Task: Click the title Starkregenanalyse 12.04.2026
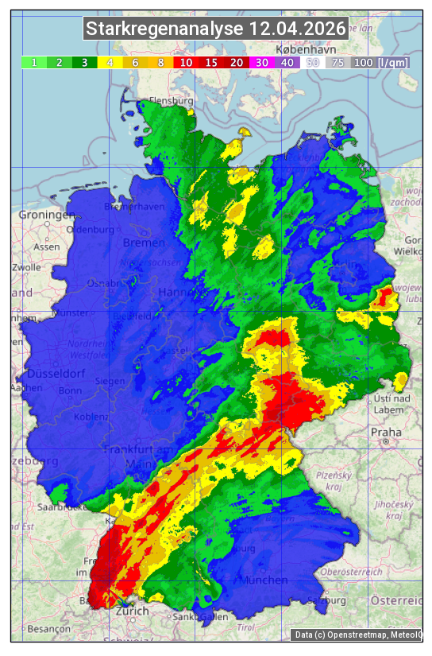216,29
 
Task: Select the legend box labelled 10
187,62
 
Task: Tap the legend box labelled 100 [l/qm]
381,62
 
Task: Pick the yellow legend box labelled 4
110,62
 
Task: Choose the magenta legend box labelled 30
260,62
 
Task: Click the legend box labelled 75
337,62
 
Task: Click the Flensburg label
172,102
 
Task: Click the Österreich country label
397,600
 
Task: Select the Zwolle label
27,267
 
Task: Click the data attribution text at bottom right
358,635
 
